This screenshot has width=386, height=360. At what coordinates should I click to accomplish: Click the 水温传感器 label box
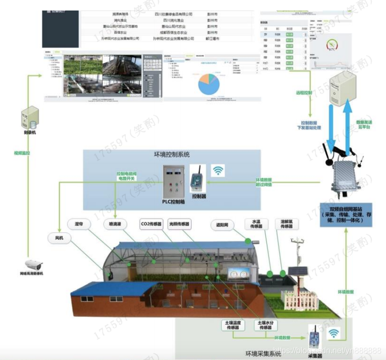click(x=256, y=223)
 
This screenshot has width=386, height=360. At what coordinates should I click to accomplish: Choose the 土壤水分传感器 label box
click(x=265, y=325)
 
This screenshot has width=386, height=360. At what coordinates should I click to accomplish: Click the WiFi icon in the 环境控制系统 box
click(x=218, y=170)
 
